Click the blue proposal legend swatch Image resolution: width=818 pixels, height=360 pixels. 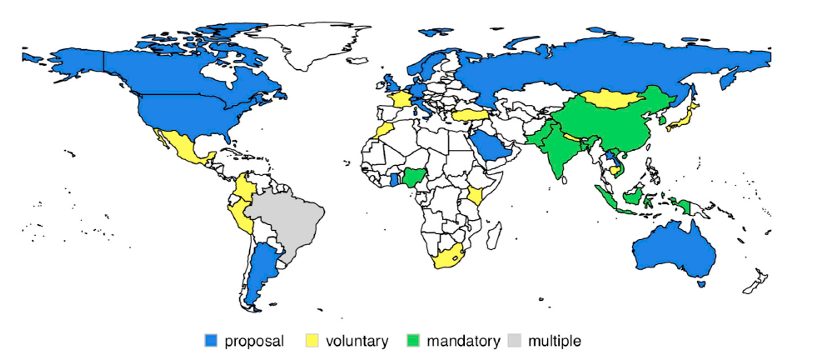(x=211, y=341)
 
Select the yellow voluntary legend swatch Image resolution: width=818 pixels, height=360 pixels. (x=312, y=341)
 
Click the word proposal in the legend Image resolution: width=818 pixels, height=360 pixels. (x=255, y=341)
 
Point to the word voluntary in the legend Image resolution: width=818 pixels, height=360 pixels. (x=357, y=341)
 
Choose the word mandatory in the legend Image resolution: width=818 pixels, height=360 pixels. (x=463, y=341)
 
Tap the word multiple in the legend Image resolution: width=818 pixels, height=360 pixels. (x=554, y=341)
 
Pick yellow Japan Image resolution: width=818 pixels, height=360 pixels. (x=688, y=119)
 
